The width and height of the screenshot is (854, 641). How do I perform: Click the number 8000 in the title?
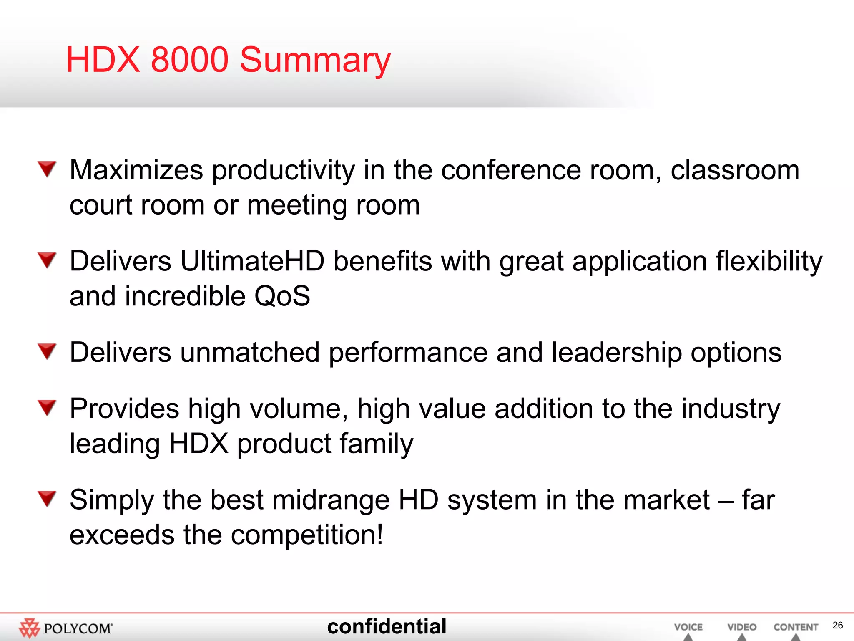pos(189,60)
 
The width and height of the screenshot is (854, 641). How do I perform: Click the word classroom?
pos(735,170)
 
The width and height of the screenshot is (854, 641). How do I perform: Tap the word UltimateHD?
pos(252,262)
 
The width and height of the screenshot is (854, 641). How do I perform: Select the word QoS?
pos(282,296)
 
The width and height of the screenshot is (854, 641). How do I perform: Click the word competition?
pos(307,535)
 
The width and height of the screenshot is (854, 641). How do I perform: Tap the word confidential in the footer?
pos(387,626)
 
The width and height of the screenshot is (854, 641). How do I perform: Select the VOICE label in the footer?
pos(688,627)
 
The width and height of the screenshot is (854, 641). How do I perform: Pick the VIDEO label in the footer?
pos(741,627)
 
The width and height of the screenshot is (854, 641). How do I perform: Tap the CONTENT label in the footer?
pos(796,627)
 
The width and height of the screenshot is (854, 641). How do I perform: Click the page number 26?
pos(837,625)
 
